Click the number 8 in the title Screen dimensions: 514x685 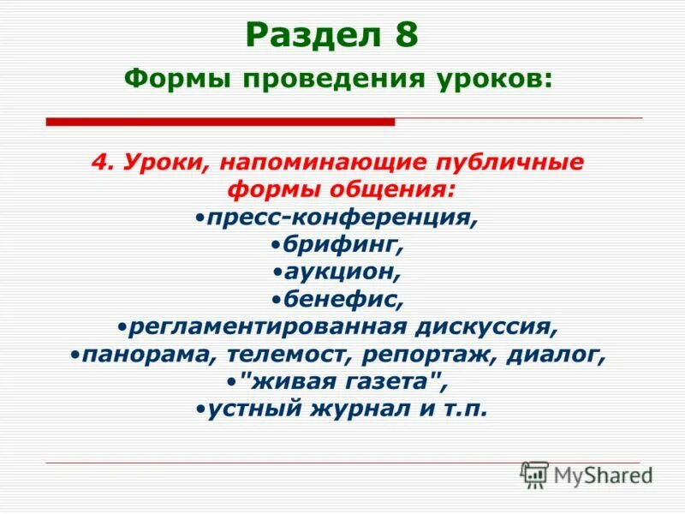(x=405, y=35)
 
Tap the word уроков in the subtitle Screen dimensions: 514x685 (x=503, y=79)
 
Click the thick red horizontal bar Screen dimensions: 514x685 (x=220, y=123)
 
